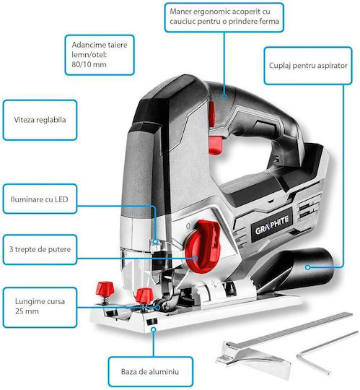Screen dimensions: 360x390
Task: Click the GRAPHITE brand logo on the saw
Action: [x=272, y=226]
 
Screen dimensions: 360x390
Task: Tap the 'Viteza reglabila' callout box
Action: [x=40, y=120]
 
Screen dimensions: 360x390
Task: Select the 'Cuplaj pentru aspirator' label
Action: [x=308, y=66]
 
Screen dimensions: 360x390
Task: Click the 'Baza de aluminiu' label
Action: [x=150, y=372]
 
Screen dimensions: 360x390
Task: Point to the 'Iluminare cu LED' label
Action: [x=40, y=199]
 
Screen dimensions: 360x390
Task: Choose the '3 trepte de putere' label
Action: [x=40, y=249]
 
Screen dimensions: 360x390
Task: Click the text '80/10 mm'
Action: [x=89, y=64]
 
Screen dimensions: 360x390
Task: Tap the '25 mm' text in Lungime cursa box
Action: [x=27, y=311]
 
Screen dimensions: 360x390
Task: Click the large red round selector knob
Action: [x=203, y=246]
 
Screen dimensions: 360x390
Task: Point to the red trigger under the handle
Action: [x=215, y=145]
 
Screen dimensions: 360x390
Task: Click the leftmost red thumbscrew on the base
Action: [x=105, y=288]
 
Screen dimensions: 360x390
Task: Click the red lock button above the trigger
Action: [x=211, y=113]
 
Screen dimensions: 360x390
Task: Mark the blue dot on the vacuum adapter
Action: [x=308, y=267]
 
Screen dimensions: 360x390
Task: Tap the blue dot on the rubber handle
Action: [x=224, y=97]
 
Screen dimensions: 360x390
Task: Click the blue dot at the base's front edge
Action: [x=154, y=329]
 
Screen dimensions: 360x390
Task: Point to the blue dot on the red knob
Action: [x=196, y=259]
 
